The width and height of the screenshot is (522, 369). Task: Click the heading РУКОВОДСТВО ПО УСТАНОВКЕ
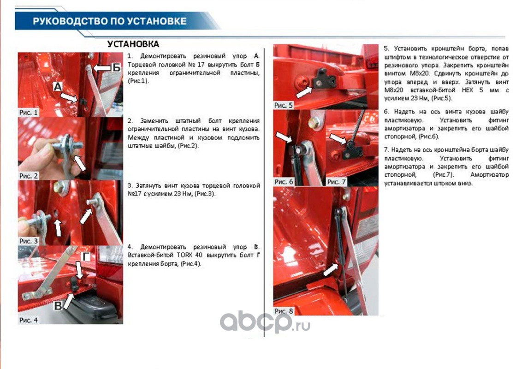click(110, 21)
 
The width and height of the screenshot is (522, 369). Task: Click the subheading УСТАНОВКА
click(133, 44)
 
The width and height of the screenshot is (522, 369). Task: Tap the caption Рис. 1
click(29, 113)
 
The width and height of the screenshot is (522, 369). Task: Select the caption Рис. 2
click(29, 176)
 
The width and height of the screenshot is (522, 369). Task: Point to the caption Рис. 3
click(29, 241)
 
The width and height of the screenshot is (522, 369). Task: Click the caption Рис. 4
click(29, 320)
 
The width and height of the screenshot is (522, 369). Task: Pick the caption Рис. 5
click(283, 105)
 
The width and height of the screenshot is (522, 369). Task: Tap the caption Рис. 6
click(284, 182)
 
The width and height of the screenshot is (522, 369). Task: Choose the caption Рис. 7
click(337, 182)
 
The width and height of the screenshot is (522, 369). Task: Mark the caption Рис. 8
click(284, 311)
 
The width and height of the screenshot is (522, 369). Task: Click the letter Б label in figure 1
click(116, 68)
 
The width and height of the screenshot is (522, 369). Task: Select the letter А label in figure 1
click(58, 87)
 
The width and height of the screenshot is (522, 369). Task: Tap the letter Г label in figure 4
click(86, 256)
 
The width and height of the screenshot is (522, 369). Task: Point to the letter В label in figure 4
click(58, 306)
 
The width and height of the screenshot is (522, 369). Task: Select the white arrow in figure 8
click(331, 269)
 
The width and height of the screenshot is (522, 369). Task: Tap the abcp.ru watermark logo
click(265, 322)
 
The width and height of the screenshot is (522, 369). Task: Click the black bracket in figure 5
click(325, 79)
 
